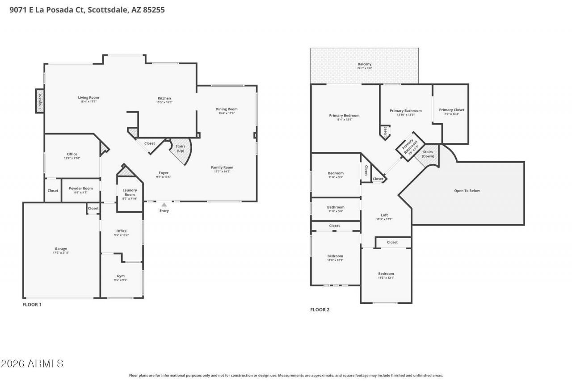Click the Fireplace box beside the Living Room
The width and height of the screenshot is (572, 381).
(x=40, y=101)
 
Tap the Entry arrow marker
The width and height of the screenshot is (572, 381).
(x=164, y=205)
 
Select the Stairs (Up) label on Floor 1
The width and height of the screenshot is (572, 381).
(x=180, y=148)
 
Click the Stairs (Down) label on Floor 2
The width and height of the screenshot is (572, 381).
(x=428, y=154)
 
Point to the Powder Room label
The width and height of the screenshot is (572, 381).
(x=81, y=188)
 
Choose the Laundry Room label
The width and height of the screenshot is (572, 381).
(x=130, y=192)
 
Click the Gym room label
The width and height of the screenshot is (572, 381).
(x=121, y=276)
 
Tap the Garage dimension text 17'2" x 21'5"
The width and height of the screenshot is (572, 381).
(x=61, y=253)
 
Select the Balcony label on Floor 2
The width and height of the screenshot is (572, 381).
(x=364, y=64)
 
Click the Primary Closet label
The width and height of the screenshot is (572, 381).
(x=451, y=110)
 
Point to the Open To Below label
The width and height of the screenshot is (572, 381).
(x=467, y=191)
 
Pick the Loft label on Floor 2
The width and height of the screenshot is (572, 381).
(x=384, y=215)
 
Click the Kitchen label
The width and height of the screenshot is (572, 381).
(x=164, y=98)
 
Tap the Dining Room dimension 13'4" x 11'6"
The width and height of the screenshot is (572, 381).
(x=227, y=113)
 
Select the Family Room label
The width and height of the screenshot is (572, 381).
(x=222, y=167)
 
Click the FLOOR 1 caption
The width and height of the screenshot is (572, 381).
(x=32, y=305)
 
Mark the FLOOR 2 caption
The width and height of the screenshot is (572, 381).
(x=320, y=310)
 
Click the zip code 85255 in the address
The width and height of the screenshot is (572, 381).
(x=154, y=9)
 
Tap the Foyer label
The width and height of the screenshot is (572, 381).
(x=164, y=173)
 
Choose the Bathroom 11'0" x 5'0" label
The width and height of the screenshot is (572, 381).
(x=336, y=207)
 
